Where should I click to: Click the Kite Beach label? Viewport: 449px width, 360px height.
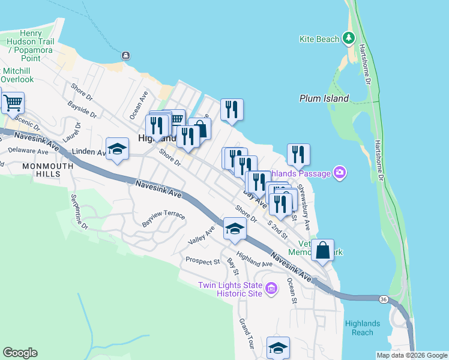pos(319,40)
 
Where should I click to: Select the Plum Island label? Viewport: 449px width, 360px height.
pos(324,98)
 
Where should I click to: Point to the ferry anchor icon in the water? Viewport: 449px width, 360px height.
pos(125,56)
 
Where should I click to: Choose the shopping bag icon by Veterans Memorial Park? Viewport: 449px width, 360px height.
pos(322,250)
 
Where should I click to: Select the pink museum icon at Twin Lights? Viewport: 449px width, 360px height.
pos(271,289)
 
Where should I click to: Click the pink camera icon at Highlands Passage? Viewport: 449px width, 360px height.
pos(340,174)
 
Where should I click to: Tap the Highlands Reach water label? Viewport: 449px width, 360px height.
pos(359,328)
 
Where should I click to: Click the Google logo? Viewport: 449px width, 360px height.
pos(20,353)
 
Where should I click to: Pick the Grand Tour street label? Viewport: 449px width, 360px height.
pos(247,334)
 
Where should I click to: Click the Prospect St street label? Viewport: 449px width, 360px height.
pos(202,262)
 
